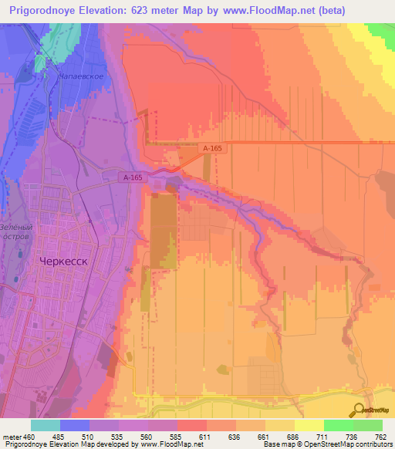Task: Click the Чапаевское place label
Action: pos(80,77)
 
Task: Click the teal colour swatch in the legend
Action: pos(45,425)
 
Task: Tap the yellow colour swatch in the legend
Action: pos(309,425)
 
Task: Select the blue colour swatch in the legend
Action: pos(74,425)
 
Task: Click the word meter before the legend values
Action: pos(11,437)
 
